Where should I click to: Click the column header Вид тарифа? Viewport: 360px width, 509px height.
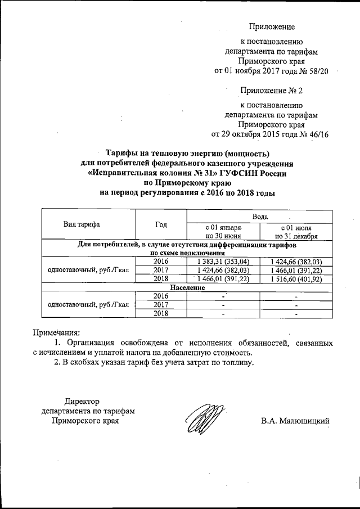(x=82, y=224)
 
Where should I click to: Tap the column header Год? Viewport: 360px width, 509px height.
(x=161, y=224)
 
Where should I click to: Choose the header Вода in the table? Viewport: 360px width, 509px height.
(x=260, y=216)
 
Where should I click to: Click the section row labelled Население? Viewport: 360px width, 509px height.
(x=187, y=287)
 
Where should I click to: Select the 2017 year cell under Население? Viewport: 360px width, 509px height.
(x=161, y=304)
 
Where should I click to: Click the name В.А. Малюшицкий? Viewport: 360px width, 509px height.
(x=295, y=421)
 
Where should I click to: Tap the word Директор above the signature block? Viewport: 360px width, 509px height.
(x=82, y=402)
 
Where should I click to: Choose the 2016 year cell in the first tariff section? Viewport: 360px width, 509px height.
(x=161, y=262)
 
